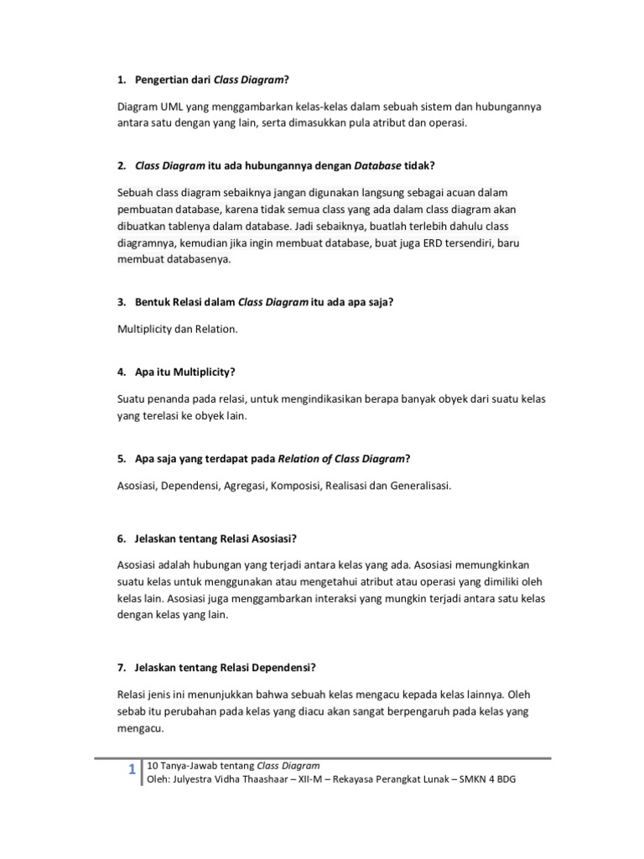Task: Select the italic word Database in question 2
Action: (x=366, y=166)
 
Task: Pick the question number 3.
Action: (x=121, y=302)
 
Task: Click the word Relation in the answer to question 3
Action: (x=216, y=329)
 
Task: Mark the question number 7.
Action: (x=121, y=667)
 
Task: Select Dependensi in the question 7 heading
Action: (x=278, y=667)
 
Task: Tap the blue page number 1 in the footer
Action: (x=132, y=771)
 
